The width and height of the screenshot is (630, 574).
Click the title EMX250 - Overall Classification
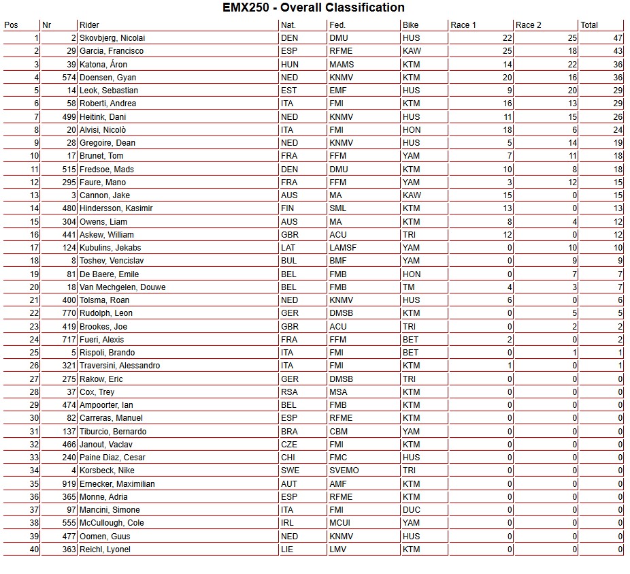click(314, 8)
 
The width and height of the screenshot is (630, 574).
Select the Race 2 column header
click(529, 25)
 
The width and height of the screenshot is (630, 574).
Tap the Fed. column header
click(337, 25)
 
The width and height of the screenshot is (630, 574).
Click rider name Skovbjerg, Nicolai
click(112, 38)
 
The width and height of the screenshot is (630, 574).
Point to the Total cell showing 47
click(618, 38)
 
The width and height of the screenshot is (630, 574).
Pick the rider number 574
click(67, 78)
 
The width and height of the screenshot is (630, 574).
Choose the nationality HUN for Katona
click(289, 65)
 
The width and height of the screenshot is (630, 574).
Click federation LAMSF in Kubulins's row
click(343, 248)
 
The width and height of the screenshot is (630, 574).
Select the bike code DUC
click(411, 510)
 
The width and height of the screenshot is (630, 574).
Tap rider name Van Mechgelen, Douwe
click(122, 287)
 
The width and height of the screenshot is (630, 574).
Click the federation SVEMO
click(344, 471)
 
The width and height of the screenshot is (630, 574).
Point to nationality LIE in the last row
click(287, 549)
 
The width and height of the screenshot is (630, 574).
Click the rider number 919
click(67, 484)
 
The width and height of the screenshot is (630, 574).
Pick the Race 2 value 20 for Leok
click(572, 91)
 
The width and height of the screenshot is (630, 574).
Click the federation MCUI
click(340, 523)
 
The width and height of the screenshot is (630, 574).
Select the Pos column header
click(11, 25)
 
